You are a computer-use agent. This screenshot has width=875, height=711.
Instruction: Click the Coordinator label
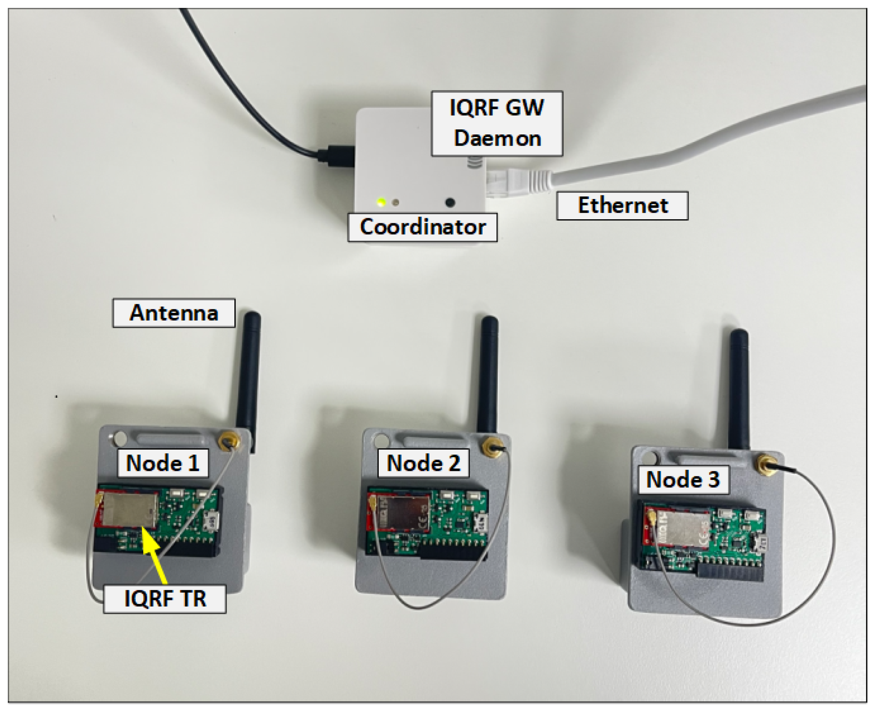(422, 227)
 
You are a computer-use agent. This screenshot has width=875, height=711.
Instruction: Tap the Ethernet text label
(622, 206)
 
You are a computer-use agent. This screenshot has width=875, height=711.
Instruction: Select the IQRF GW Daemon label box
(497, 123)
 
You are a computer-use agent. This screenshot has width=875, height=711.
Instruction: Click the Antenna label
(174, 313)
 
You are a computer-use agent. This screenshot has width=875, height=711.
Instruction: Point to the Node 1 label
(163, 463)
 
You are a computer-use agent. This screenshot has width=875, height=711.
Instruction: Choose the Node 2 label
(423, 463)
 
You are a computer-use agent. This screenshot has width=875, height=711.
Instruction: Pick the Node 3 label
(683, 480)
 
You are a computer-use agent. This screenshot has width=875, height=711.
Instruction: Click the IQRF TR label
(165, 599)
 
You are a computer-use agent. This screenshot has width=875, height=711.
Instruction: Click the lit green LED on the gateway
(381, 202)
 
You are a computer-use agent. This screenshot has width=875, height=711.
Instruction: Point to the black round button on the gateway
(450, 202)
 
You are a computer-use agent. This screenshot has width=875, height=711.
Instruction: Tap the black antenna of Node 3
(739, 389)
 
